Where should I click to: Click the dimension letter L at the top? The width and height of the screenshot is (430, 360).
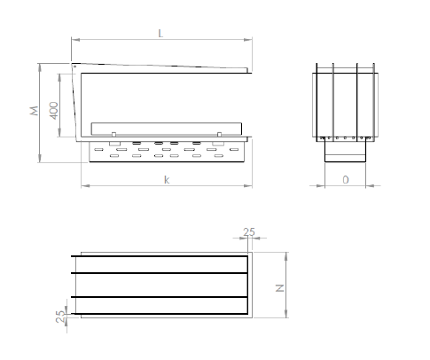point(160,33)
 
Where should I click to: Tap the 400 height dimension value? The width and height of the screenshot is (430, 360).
point(54,110)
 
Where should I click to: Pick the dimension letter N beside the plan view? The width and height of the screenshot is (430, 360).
point(278,287)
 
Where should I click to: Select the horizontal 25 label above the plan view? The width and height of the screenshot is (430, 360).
point(248,232)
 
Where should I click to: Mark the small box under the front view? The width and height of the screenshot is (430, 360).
point(346,153)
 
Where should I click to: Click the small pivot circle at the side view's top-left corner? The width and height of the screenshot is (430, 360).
point(76,66)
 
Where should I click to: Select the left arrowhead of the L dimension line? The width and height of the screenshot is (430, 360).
point(74,40)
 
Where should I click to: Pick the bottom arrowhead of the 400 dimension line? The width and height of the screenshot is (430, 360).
point(63,138)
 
